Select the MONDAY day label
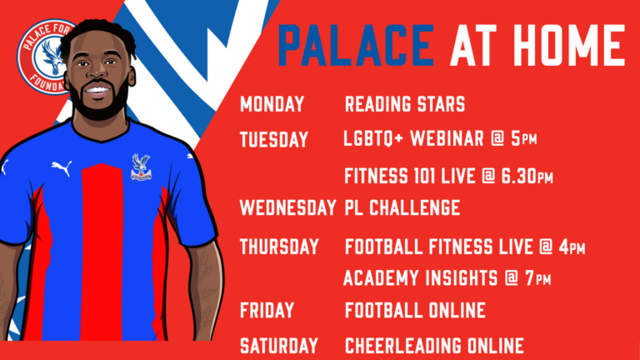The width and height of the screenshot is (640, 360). coord(272,105)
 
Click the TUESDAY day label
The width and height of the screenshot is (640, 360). coord(274,139)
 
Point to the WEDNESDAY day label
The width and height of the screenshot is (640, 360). coord(288,207)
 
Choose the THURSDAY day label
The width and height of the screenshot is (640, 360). coord(279,247)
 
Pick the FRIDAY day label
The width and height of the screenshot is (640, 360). coord(267,311)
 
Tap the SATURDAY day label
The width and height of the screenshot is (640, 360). coord(279,345)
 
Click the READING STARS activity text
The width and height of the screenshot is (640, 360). coord(404,105)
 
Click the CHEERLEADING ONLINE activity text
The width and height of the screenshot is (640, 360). coord(434,345)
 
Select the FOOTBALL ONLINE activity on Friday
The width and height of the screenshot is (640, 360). coord(415,311)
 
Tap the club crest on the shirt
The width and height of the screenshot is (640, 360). coord(140,166)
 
